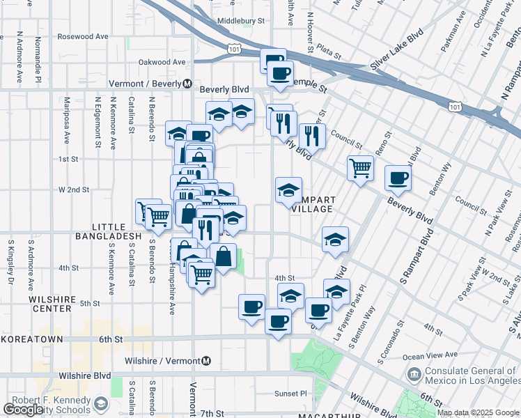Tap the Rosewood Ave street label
tap(83, 36)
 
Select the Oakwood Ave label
tap(162, 62)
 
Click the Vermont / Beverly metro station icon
tap(187, 84)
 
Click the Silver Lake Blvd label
tap(398, 54)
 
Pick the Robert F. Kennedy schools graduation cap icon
tap(101, 404)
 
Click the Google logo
tap(23, 410)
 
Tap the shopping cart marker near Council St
tap(360, 167)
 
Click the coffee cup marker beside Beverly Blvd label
tap(398, 178)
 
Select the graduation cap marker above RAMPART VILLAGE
tap(288, 189)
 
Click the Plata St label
tap(327, 50)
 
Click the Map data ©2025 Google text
tap(478, 412)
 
